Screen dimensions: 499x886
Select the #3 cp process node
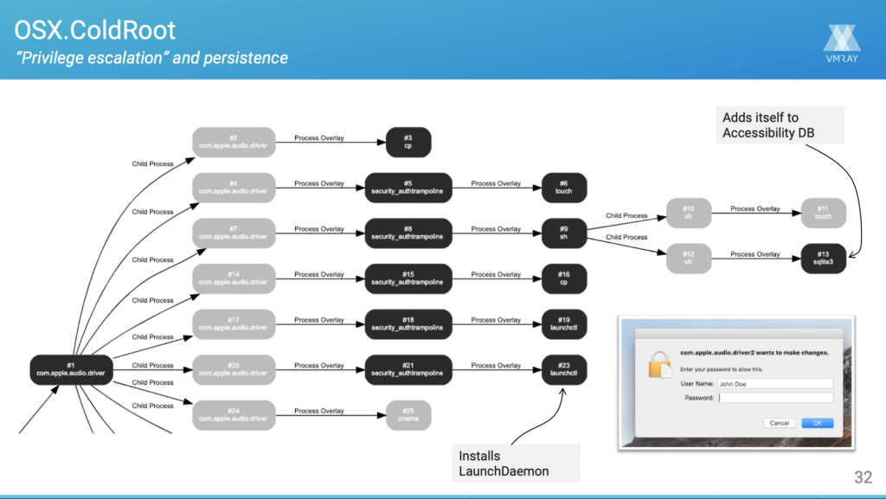tap(409, 143)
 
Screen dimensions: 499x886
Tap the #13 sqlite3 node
tap(823, 259)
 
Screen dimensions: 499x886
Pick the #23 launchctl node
tap(564, 369)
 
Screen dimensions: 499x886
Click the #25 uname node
tap(409, 415)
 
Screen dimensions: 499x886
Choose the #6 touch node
tap(564, 188)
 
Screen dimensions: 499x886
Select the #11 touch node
tap(823, 213)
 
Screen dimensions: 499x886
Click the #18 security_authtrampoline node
tap(409, 324)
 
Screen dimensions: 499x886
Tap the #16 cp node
tap(564, 278)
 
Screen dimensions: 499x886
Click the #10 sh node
tap(690, 213)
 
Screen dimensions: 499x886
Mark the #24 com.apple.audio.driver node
tap(234, 415)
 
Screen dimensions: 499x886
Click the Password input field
tap(775, 398)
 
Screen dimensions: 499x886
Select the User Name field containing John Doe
tap(775, 383)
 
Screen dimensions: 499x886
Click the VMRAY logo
tap(842, 45)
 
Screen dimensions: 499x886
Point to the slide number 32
tap(863, 476)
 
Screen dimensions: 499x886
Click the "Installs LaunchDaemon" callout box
tap(516, 463)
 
